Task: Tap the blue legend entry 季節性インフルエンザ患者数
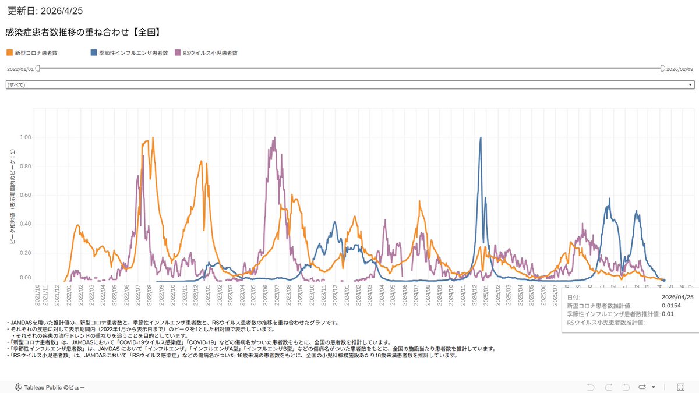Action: coord(129,53)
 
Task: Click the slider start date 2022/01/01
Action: coord(20,69)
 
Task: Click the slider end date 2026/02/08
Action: coord(679,69)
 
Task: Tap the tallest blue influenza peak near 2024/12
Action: coord(481,138)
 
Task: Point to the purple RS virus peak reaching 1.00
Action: coord(274,139)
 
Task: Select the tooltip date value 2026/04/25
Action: coord(676,297)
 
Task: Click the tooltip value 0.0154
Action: coord(670,305)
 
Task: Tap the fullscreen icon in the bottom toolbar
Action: coord(680,387)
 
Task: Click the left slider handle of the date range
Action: coord(38,69)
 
